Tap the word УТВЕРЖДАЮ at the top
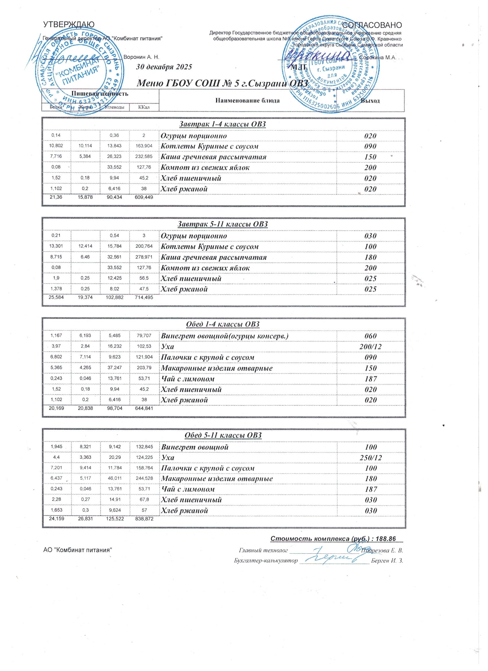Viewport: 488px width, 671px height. (69, 24)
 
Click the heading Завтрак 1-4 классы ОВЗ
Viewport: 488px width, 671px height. (222, 124)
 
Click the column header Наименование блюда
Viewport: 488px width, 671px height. (247, 100)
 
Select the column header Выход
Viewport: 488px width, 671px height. (370, 100)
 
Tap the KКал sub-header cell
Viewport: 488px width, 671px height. (144, 107)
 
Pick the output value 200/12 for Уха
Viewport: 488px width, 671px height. (370, 346)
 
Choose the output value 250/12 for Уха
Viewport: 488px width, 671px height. (370, 458)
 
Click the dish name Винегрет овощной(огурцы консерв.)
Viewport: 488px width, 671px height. (224, 336)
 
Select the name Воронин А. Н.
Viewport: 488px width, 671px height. (141, 57)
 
